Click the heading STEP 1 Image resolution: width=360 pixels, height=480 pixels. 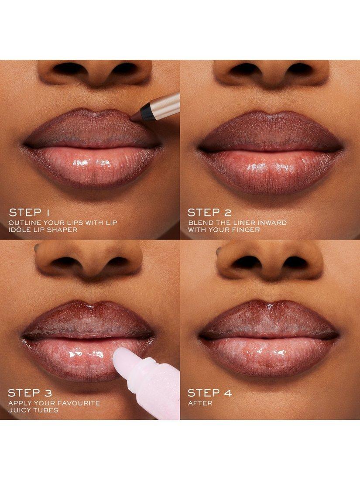pyautogui.click(x=29, y=213)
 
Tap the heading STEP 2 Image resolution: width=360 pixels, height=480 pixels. pyautogui.click(x=209, y=213)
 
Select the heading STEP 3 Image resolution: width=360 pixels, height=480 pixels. pyautogui.click(x=30, y=393)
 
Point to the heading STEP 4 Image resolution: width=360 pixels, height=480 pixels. pyautogui.click(x=210, y=393)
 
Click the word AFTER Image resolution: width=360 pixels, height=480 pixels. pyautogui.click(x=200, y=403)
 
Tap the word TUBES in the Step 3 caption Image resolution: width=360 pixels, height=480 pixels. pyautogui.click(x=45, y=410)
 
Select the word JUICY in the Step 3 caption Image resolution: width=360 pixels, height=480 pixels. pyautogui.click(x=20, y=410)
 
